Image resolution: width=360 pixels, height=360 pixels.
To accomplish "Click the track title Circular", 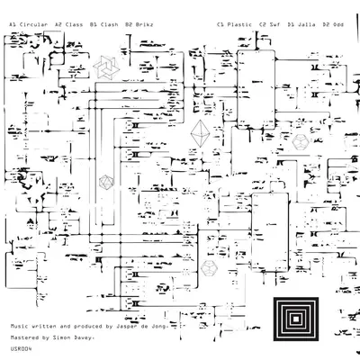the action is [33, 24].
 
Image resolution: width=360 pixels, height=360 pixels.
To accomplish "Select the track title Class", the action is [74, 24].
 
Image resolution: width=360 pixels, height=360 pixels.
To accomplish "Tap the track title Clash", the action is [109, 24].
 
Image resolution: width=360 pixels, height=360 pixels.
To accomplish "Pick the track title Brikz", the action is [144, 24].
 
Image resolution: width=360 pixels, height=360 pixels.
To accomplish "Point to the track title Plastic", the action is [239, 24].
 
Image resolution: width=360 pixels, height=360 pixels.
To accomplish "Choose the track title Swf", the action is [274, 24].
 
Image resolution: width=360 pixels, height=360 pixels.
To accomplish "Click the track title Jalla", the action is [306, 24].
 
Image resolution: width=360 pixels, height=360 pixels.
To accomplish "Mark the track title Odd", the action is [338, 24].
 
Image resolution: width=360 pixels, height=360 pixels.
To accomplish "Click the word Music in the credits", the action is [20, 326].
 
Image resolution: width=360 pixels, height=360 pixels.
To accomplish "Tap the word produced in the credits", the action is [88, 326].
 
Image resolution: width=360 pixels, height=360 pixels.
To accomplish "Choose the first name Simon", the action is [61, 337].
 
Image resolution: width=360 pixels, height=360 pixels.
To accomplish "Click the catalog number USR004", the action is [21, 349].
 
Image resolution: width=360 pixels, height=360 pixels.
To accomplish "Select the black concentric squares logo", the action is [296, 319].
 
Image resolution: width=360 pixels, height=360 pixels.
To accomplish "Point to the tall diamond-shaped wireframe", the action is [201, 133].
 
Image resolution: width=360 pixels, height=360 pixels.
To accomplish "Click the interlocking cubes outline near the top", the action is [106, 67].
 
